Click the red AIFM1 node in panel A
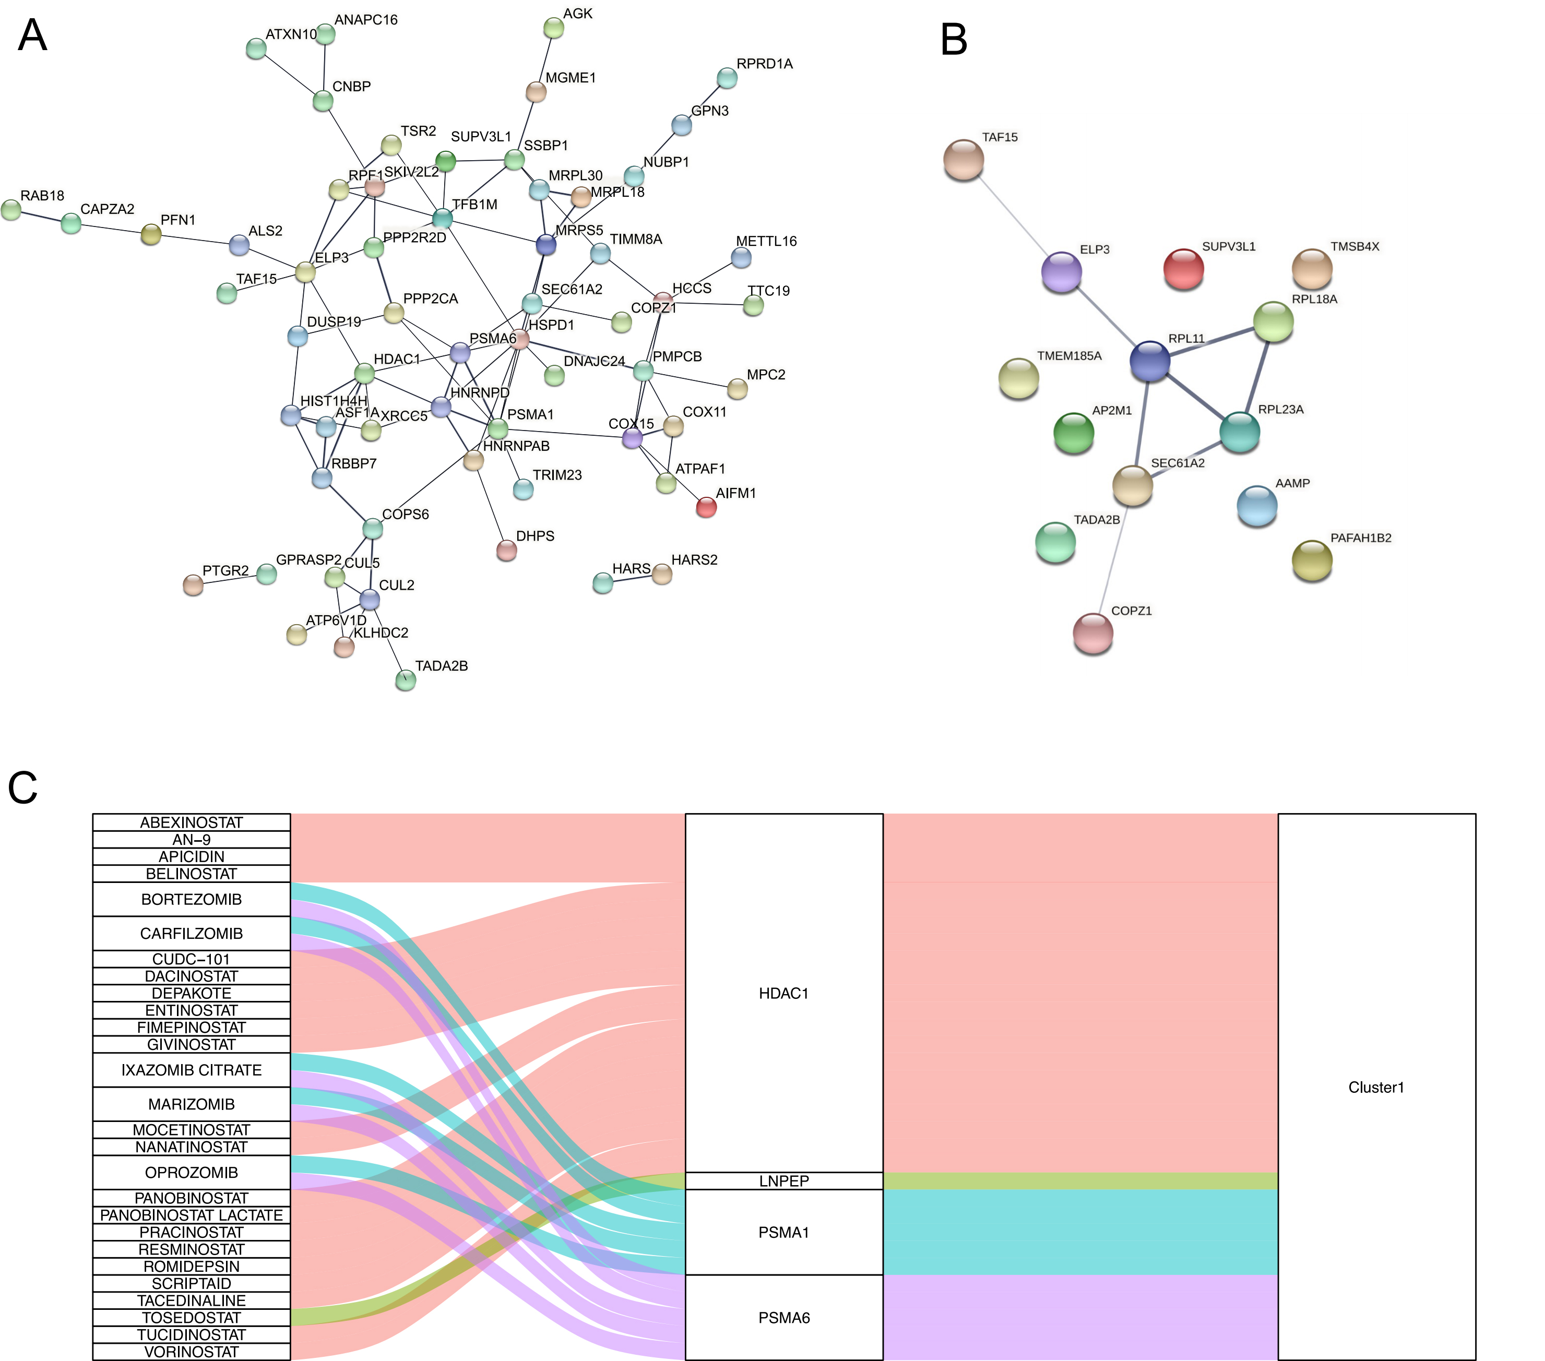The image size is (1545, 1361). pos(706,507)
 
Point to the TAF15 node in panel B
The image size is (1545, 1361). pos(964,160)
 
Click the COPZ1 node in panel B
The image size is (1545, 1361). pos(1093,632)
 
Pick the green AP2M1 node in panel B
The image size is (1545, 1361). pos(1073,433)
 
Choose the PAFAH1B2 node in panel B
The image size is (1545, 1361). pos(1312,560)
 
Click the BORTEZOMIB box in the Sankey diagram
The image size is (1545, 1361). pos(191,899)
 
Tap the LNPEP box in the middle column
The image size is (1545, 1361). pos(784,1181)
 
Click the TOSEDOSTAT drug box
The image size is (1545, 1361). pos(191,1318)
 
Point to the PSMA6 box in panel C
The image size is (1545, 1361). pos(784,1318)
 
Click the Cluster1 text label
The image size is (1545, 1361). pos(1376,1088)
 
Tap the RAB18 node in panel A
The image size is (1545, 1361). pos(11,210)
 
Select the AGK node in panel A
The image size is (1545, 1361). pos(554,29)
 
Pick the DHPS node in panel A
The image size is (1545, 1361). pos(506,550)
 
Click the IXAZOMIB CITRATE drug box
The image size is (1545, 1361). pos(191,1070)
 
